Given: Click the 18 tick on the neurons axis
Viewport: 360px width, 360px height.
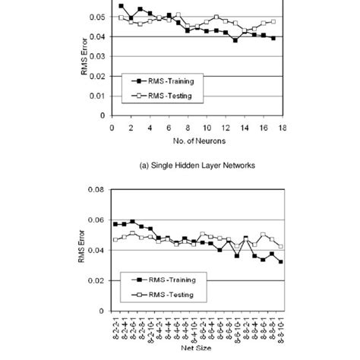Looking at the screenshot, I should point(283,126).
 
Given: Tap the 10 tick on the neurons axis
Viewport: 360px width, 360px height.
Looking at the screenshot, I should point(207,126).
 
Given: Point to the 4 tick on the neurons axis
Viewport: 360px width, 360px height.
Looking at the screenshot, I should point(150,126).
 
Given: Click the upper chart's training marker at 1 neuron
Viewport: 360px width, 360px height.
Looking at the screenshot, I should point(122,6).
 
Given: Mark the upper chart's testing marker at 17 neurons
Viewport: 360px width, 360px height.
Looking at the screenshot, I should point(273,22).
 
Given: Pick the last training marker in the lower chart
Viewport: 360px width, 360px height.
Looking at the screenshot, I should point(281,261).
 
